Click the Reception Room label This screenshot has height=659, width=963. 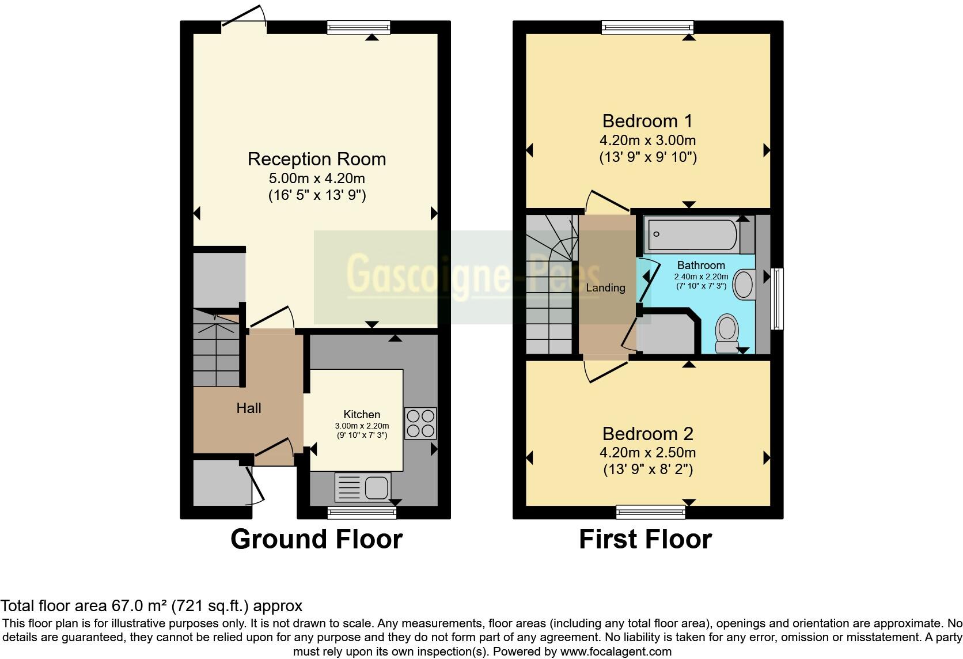click(317, 159)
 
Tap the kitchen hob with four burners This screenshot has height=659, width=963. click(420, 423)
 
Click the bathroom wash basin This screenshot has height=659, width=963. click(745, 285)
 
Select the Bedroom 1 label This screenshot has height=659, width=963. click(647, 121)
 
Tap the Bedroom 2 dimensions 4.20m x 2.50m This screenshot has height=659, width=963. click(647, 452)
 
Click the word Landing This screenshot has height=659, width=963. click(605, 287)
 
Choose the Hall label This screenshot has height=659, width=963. click(249, 408)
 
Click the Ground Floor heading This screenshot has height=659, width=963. click(316, 539)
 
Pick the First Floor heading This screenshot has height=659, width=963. click(645, 539)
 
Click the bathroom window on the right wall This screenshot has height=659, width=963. click(777, 298)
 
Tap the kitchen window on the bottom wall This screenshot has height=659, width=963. click(362, 512)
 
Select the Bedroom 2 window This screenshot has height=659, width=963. click(651, 512)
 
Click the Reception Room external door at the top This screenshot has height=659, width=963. click(244, 24)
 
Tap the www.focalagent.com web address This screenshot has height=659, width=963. click(615, 652)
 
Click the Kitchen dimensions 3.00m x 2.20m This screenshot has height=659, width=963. click(362, 426)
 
